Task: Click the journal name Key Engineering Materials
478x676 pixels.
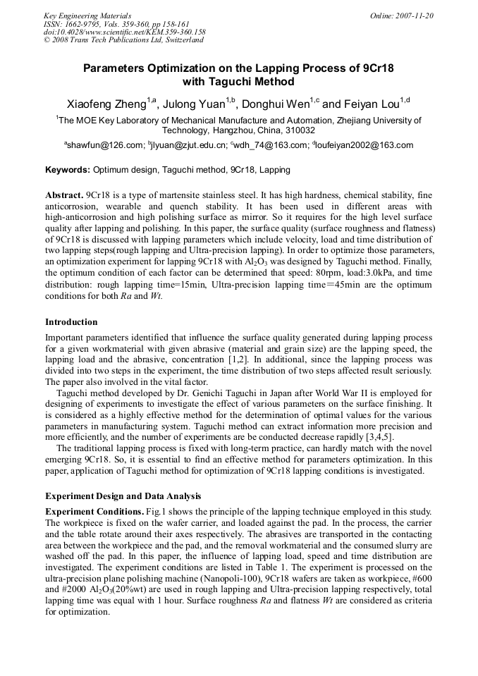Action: (x=87, y=16)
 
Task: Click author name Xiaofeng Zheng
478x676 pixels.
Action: (x=106, y=104)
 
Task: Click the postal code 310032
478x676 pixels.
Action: (x=299, y=130)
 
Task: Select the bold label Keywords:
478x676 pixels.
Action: (x=68, y=170)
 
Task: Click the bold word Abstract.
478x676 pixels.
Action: (x=63, y=195)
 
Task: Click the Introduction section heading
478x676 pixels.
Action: (x=71, y=322)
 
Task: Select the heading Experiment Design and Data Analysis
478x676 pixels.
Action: (x=123, y=496)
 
